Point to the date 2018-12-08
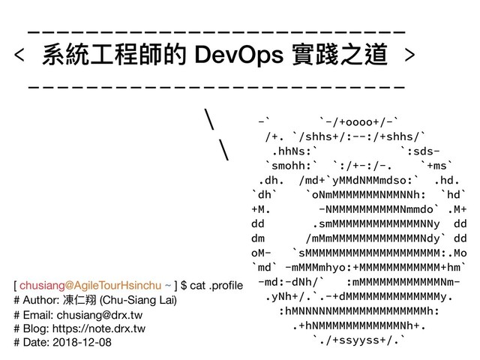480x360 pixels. (80, 342)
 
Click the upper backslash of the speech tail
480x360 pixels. (210, 119)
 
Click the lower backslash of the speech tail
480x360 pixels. (223, 149)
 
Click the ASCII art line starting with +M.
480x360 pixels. (359, 209)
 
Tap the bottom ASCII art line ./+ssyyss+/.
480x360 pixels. (359, 342)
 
